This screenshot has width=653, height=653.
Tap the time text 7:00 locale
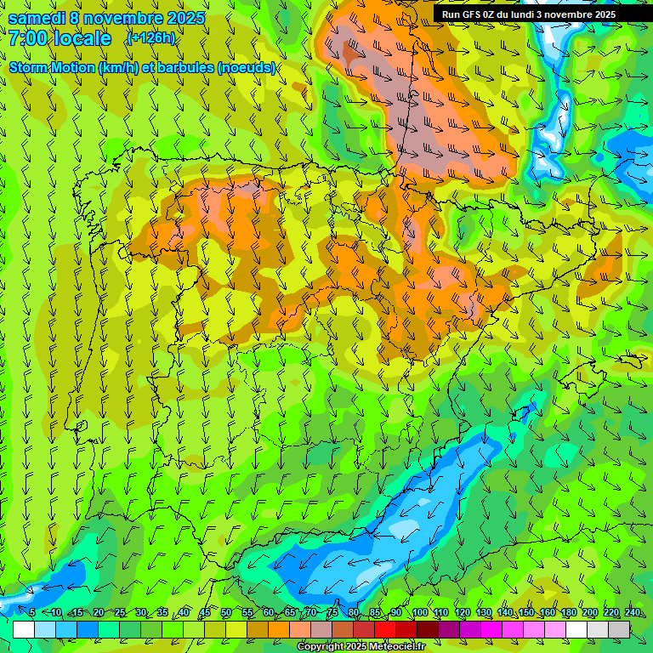coord(60,38)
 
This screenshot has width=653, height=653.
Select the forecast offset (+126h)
coord(150,37)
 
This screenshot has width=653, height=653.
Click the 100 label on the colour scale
coord(419,612)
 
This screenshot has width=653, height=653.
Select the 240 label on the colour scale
coord(632,612)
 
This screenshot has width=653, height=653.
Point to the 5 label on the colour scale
coord(32,612)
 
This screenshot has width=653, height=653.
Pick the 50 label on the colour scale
coord(226,612)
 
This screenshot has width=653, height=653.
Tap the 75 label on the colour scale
coord(332,612)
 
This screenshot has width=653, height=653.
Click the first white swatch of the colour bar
coord(24,629)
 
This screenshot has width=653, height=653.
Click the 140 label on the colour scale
coord(504,612)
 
